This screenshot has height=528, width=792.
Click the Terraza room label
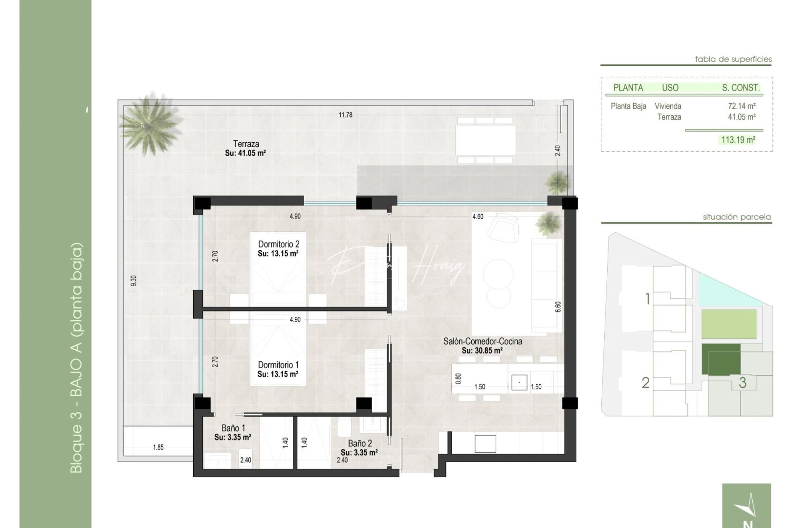click(x=246, y=144)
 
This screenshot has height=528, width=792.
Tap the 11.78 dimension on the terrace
click(x=345, y=115)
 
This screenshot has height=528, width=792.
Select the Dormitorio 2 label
click(x=279, y=244)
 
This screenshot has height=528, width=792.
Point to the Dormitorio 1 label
click(x=278, y=365)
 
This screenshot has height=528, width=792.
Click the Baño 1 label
click(x=233, y=428)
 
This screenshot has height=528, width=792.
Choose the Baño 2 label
click(x=360, y=443)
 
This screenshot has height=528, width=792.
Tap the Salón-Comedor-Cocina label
click(x=483, y=341)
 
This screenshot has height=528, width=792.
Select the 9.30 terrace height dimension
click(x=134, y=281)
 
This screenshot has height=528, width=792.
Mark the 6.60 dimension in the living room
click(x=558, y=307)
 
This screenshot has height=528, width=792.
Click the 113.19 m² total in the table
click(x=738, y=140)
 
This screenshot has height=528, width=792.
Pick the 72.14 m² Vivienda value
click(x=742, y=106)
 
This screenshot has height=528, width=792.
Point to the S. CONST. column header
click(x=741, y=88)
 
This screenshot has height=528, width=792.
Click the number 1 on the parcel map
click(x=647, y=298)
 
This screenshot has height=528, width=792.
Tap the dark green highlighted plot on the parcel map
click(x=721, y=358)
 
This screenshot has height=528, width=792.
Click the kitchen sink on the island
click(x=519, y=382)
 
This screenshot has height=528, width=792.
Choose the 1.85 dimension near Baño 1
click(x=158, y=447)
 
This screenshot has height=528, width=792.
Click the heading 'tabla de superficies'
click(x=733, y=59)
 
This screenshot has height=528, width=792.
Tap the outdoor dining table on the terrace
click(x=485, y=139)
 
